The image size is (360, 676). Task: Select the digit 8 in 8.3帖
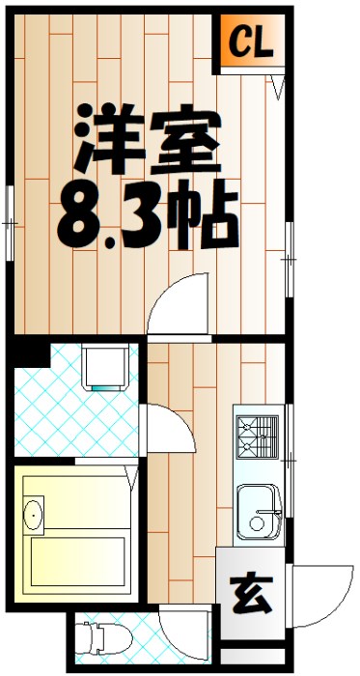[82, 214]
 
